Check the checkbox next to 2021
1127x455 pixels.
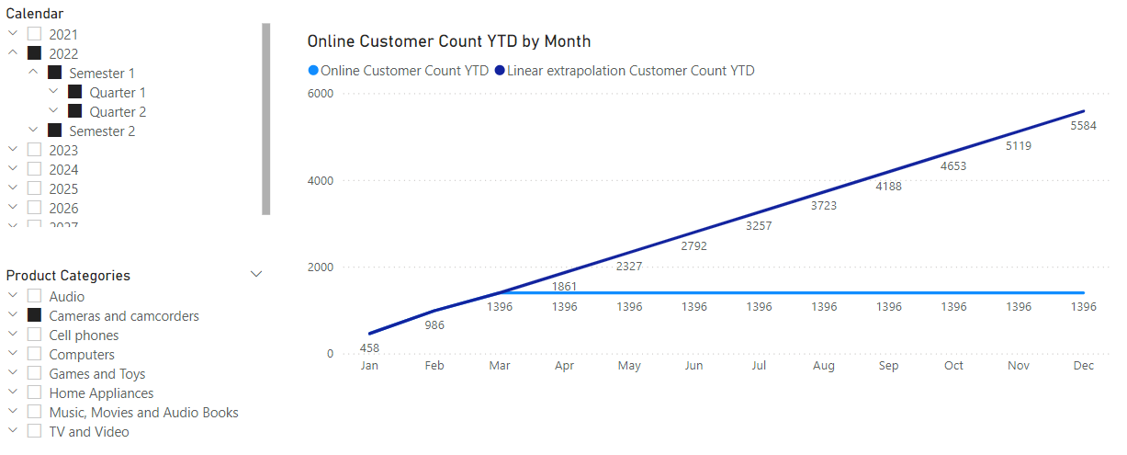(x=34, y=34)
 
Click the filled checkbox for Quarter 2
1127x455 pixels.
(x=74, y=111)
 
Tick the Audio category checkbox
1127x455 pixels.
(x=34, y=296)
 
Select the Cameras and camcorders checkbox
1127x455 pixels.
(x=34, y=315)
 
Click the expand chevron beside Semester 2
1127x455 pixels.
(x=34, y=131)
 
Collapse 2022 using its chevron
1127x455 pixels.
(x=13, y=53)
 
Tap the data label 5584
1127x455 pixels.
(x=1084, y=126)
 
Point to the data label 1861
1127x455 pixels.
(x=565, y=287)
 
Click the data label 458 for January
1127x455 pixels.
(x=369, y=347)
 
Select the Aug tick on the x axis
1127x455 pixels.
(x=824, y=366)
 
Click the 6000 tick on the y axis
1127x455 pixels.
(x=321, y=94)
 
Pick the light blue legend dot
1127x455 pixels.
(x=313, y=70)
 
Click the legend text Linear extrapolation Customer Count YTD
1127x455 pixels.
(x=630, y=70)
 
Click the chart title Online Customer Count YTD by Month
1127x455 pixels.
(x=449, y=41)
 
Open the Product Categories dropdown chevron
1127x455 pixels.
(x=256, y=274)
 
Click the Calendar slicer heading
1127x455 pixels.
(x=35, y=14)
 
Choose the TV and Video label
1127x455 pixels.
(x=89, y=431)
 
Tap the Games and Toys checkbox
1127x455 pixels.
(x=34, y=373)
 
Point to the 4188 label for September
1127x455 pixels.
(x=888, y=187)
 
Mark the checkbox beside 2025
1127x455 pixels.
(x=34, y=188)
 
